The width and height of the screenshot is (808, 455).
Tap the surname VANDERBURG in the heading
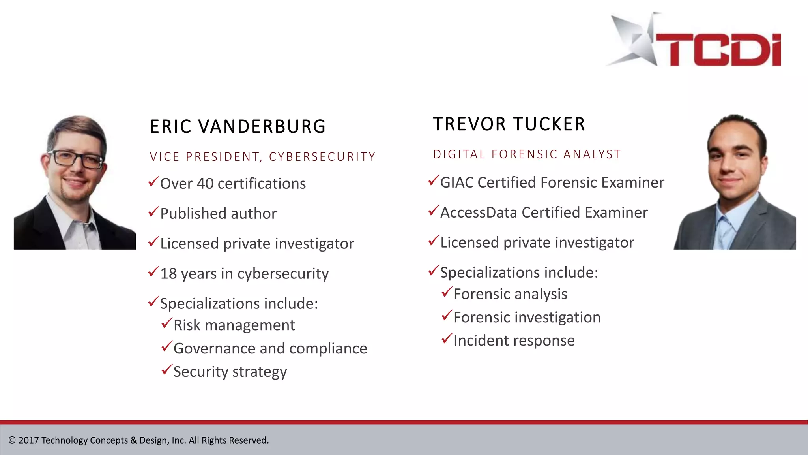262,127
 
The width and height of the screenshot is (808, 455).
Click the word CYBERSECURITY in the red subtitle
322,157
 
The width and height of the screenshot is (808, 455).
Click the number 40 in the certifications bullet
205,184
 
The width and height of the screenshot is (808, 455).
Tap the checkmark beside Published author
153,212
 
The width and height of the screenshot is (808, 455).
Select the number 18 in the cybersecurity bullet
168,274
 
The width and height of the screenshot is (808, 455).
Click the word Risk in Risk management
187,325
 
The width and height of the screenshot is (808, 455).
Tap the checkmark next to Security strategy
167,370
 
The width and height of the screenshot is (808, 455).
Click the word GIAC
457,182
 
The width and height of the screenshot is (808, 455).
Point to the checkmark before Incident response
447,338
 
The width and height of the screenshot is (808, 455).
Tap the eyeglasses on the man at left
77,159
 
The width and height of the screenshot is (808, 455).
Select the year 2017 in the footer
28,440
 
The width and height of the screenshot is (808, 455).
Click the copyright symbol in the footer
12,440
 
